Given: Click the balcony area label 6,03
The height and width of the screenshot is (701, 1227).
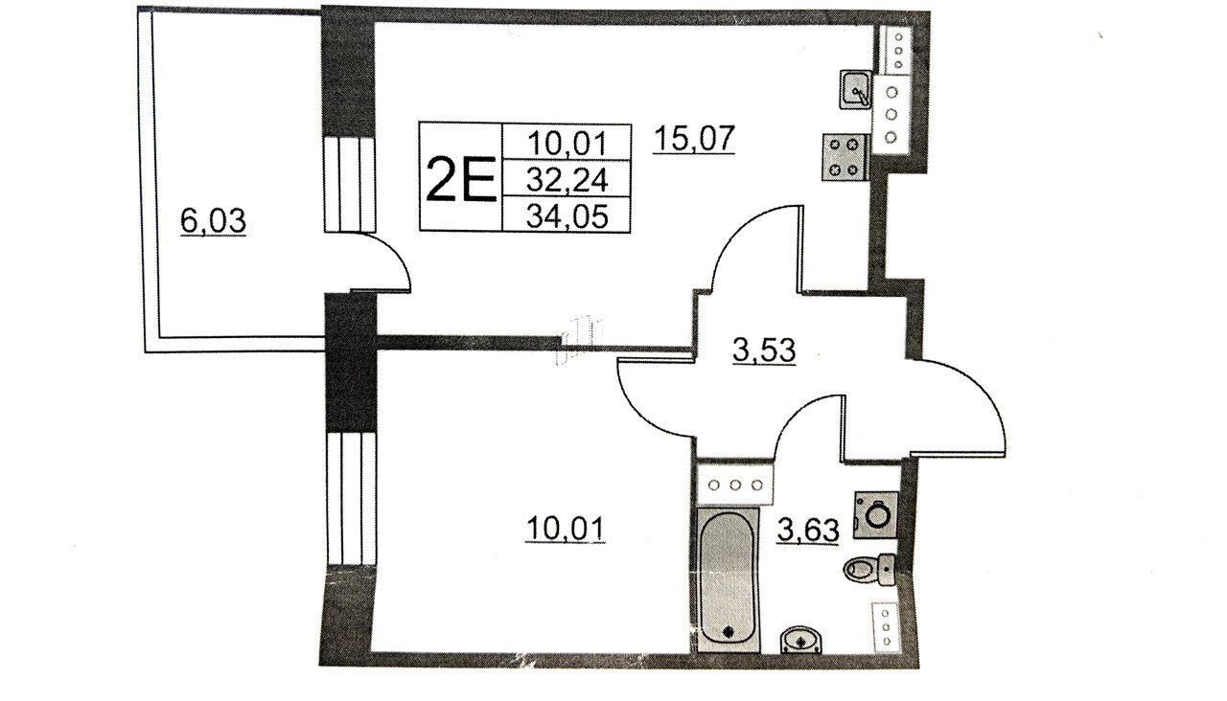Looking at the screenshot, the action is (x=213, y=221).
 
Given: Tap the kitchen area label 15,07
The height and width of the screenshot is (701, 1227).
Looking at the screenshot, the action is (x=693, y=138).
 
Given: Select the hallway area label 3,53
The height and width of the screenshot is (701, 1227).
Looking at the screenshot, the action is (x=764, y=350).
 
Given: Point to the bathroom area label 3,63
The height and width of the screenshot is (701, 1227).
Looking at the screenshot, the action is (x=808, y=529).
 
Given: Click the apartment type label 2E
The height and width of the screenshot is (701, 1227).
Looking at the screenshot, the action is (x=461, y=178).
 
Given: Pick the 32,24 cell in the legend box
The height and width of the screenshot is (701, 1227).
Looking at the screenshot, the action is (x=567, y=178).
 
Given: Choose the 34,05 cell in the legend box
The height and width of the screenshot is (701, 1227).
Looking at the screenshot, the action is (x=567, y=215).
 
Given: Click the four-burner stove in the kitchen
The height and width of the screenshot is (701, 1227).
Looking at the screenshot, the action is (x=845, y=157).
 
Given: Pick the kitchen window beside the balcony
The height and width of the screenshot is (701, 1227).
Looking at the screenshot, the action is (x=349, y=185).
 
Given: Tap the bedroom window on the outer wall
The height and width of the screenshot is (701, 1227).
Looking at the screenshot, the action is (x=352, y=498).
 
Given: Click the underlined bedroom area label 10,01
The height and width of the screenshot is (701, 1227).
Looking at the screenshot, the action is (x=566, y=529).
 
